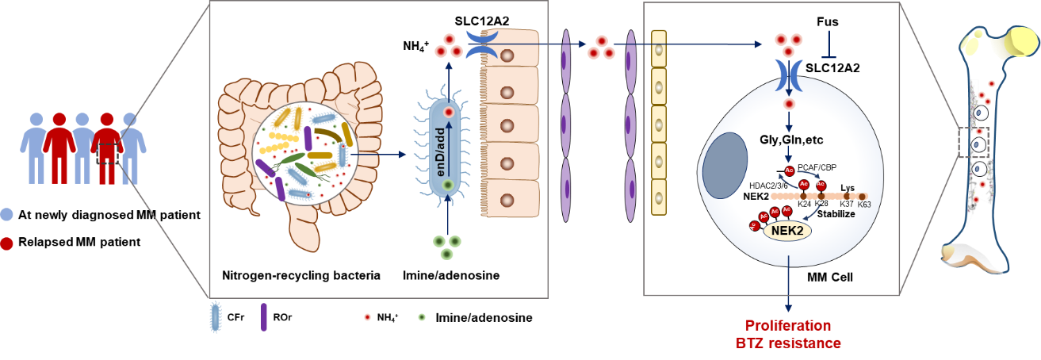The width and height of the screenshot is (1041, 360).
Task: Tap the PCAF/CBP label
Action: (x=818, y=168)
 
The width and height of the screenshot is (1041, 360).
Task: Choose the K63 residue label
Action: (x=864, y=205)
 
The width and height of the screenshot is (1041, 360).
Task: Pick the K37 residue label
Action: (x=846, y=205)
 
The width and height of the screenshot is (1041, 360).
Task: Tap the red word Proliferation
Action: (x=789, y=326)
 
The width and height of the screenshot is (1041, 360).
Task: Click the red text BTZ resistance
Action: (x=789, y=343)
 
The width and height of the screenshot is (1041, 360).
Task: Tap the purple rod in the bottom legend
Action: (x=264, y=316)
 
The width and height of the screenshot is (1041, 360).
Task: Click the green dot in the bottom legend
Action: (x=422, y=317)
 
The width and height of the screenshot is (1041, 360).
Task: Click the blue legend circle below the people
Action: (x=7, y=214)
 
